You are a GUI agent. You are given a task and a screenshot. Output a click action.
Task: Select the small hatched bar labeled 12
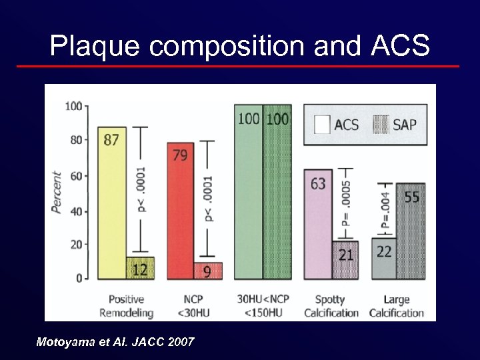(141, 268)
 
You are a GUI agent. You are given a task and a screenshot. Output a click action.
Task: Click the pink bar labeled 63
(318, 224)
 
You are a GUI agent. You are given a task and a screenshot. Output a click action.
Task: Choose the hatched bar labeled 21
(345, 260)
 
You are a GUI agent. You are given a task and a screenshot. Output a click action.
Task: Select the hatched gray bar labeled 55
(411, 231)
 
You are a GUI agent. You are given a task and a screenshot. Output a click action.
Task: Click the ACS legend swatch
(322, 125)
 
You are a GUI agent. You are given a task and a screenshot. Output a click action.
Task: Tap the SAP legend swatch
(381, 125)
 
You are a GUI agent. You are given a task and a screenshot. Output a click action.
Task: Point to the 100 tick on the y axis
(74, 106)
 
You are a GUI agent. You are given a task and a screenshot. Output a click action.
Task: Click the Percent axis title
(57, 193)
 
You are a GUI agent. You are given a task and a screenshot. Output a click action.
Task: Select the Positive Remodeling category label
(126, 306)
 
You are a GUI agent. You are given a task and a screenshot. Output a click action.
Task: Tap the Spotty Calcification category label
(331, 306)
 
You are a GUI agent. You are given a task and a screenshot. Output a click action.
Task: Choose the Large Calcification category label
(397, 306)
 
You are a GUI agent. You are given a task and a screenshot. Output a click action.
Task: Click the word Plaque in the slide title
(95, 46)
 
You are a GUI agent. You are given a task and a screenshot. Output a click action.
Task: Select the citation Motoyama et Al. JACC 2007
(115, 342)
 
